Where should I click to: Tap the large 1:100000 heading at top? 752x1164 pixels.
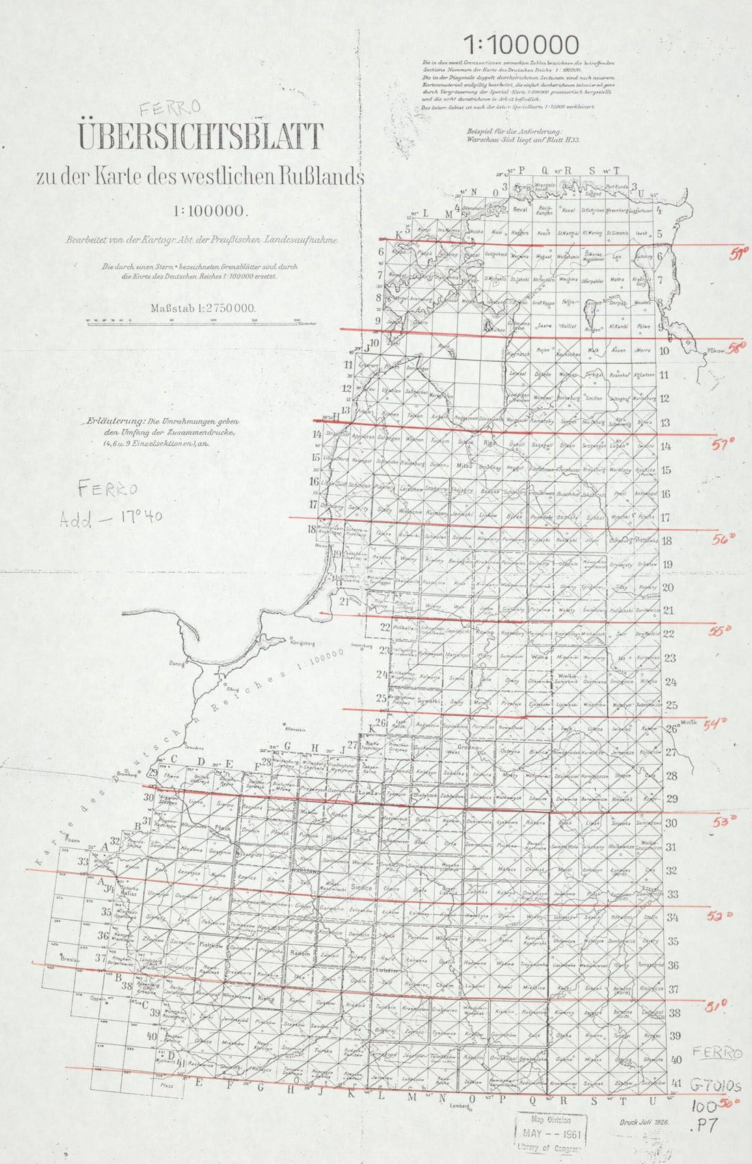tap(522, 45)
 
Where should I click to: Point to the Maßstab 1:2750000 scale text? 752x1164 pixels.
tap(203, 308)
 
